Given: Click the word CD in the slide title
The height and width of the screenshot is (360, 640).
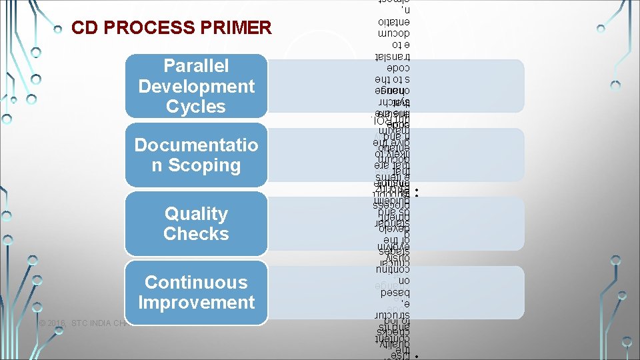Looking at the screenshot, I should (x=84, y=29).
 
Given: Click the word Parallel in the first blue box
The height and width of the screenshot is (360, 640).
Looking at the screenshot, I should (x=196, y=66).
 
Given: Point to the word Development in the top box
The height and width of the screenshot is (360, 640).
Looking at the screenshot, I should (x=196, y=86).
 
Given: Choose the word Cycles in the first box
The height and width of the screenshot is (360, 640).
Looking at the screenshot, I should (x=196, y=107).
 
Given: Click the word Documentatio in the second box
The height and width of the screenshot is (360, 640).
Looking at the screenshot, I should (x=196, y=145).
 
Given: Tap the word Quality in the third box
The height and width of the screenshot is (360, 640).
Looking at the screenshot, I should (x=196, y=214).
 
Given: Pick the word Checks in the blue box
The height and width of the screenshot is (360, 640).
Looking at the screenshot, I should (x=196, y=234).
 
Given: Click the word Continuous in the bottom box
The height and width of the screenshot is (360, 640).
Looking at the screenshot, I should (x=196, y=283).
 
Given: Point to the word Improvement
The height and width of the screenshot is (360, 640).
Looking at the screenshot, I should (x=196, y=303).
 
